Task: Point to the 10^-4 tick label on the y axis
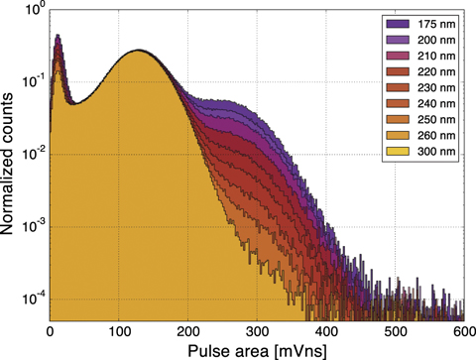(31, 297)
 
